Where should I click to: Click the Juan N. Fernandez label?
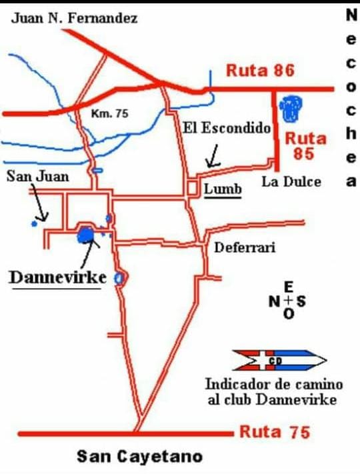click(x=75, y=18)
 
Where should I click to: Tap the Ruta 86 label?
click(x=260, y=70)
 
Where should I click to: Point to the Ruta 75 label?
click(x=275, y=432)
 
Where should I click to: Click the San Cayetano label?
click(x=139, y=457)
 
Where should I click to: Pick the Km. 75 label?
click(x=109, y=114)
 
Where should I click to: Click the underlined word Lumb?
click(x=222, y=189)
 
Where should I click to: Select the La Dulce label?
click(x=291, y=181)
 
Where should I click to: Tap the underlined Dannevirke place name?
click(x=57, y=277)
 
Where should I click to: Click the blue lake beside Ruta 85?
click(x=291, y=108)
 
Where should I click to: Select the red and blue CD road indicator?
click(x=278, y=361)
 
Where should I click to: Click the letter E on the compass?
click(x=288, y=287)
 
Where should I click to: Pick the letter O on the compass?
click(x=288, y=314)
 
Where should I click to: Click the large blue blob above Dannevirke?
click(x=85, y=234)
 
